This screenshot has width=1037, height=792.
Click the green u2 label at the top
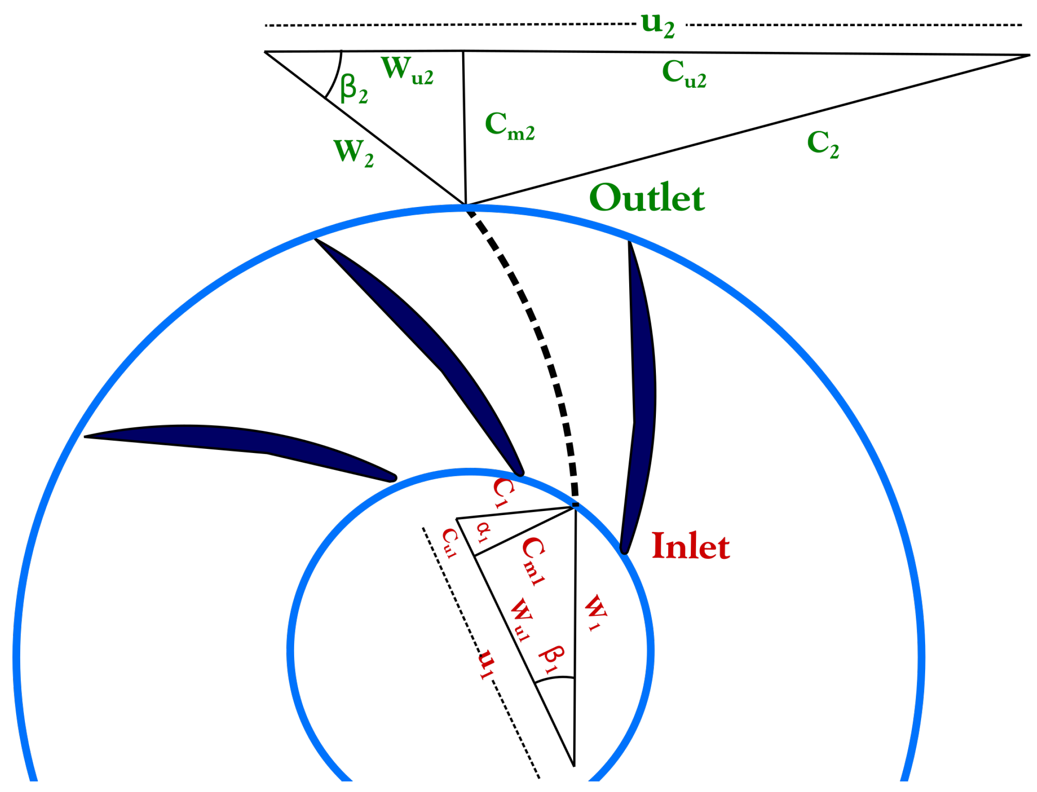657,26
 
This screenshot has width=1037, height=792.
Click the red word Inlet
690,546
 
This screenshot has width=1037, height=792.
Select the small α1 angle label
484,532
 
